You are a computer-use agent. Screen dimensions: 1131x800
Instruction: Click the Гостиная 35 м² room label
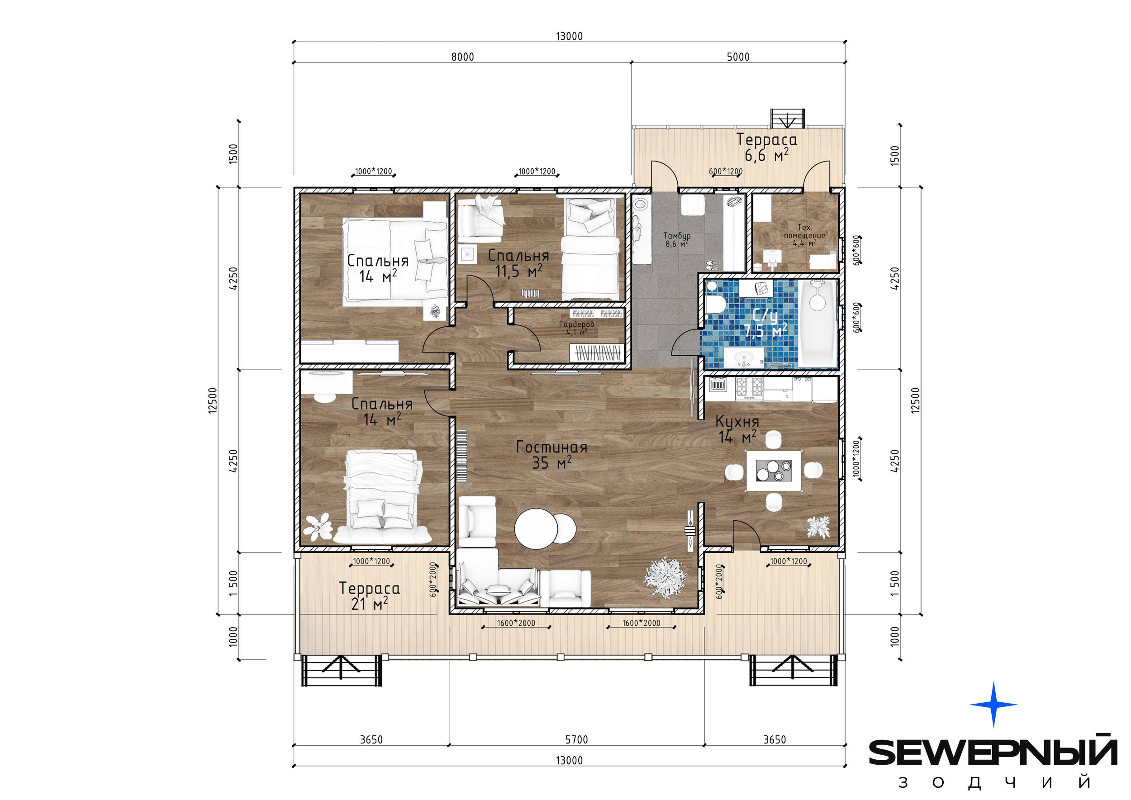[552, 455]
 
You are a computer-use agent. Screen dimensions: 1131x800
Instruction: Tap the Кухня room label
[737, 422]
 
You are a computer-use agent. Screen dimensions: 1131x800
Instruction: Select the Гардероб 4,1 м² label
[576, 328]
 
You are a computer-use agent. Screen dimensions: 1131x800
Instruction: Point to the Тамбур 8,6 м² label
[677, 239]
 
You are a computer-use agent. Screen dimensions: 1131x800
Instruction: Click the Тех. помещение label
[804, 232]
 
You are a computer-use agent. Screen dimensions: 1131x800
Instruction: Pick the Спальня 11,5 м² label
[518, 263]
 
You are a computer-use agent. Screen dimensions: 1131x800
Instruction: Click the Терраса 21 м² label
[370, 596]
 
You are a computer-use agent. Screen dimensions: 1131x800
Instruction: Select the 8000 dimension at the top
[462, 57]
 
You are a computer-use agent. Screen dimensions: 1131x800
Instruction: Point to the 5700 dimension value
[576, 739]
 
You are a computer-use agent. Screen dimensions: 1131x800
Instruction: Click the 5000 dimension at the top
[738, 57]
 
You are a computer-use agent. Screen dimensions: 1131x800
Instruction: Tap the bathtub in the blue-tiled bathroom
[817, 324]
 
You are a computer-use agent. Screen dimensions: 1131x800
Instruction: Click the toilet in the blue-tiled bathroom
[714, 305]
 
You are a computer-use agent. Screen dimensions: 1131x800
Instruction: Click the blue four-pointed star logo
[993, 705]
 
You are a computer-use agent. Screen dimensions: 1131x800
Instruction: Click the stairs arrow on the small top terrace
[788, 119]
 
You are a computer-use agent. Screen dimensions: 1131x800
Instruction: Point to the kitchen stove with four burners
[749, 388]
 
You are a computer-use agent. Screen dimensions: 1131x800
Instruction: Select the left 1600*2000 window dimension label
[516, 623]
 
